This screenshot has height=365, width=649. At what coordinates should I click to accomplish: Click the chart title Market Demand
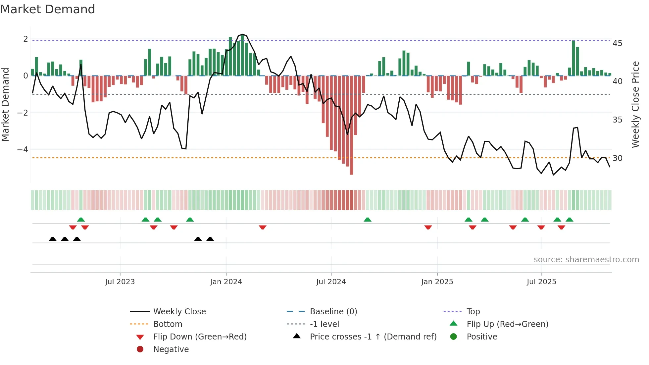tap(48, 9)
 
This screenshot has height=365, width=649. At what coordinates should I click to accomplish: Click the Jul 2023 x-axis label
tap(120, 282)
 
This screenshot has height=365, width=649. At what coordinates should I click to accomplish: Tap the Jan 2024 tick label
tap(226, 282)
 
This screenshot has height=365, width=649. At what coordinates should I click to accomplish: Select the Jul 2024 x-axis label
tap(331, 282)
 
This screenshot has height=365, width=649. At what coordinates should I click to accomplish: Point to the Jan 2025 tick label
tap(437, 282)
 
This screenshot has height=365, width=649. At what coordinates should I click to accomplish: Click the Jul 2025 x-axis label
tap(541, 282)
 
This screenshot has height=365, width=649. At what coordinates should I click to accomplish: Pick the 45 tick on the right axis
tap(617, 43)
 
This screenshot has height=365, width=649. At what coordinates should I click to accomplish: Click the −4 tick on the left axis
tap(23, 150)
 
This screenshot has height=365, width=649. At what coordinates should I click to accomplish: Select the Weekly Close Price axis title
tap(635, 104)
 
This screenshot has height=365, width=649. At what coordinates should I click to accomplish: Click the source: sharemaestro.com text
tap(586, 260)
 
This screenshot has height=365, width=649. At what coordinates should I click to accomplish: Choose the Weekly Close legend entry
tap(179, 312)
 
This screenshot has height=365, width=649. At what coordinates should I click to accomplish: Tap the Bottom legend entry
tap(168, 324)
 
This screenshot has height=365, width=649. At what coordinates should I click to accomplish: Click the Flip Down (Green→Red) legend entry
tap(200, 337)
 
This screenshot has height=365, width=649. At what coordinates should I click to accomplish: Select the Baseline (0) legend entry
tap(333, 312)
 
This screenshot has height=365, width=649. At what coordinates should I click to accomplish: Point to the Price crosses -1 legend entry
tap(373, 337)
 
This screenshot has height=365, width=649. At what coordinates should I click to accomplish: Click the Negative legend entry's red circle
tap(140, 349)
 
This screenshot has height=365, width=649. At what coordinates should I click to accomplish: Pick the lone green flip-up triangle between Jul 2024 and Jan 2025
tap(367, 220)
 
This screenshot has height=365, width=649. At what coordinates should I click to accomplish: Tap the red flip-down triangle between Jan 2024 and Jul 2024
tap(263, 228)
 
